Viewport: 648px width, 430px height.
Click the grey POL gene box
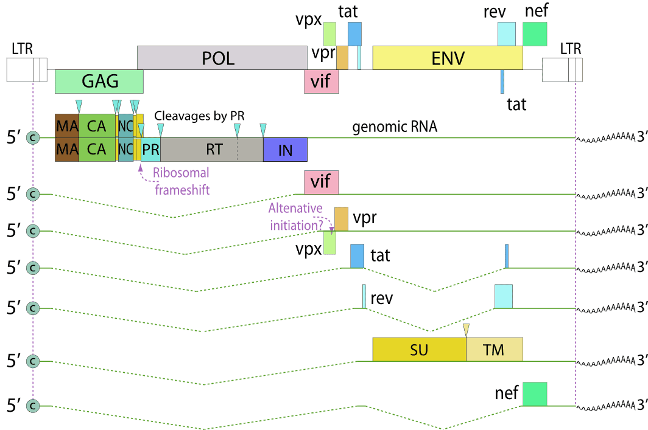pos(222,58)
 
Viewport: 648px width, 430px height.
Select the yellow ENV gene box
pos(448,58)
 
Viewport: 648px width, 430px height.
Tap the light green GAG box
pos(99,81)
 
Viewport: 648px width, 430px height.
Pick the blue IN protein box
pos(285,150)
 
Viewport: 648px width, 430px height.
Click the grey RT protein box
pos(211,150)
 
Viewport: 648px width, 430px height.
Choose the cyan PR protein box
pos(151,150)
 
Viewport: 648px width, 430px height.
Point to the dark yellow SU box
pos(419,349)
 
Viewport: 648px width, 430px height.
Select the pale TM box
pos(494,349)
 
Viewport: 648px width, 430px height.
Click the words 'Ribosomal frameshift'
pos(181,181)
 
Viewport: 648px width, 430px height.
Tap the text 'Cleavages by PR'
pos(199,115)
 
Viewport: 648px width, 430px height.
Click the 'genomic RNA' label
pos(395,128)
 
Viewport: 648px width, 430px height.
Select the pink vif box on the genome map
pos(321,81)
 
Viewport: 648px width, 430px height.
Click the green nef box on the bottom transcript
pos(535,394)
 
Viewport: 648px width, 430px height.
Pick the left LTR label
pos(22,48)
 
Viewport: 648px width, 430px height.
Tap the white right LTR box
pos(562,70)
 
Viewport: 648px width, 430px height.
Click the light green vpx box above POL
pos(329,34)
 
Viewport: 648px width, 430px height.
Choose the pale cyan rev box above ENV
pos(507,34)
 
